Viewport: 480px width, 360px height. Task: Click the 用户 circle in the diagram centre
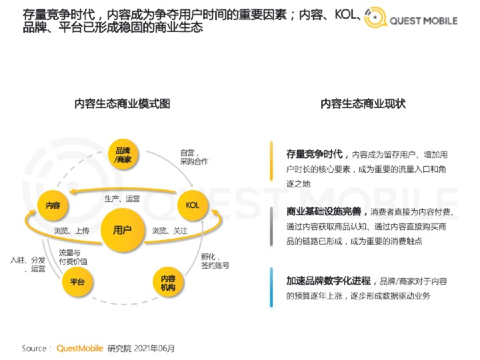122,230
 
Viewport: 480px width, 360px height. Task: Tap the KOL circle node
192,205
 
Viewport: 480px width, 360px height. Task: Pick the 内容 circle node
52,205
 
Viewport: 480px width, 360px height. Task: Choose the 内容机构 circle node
168,282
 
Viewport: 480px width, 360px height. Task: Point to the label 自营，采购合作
194,157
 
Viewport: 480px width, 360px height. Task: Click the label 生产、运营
122,199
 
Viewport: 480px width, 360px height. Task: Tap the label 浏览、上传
72,231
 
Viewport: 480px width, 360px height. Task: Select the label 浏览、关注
170,231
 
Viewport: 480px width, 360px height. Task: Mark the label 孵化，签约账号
215,261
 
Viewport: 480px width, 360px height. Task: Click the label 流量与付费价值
73,257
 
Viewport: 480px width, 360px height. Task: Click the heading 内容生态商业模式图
122,104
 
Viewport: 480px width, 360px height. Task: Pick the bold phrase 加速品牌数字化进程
328,281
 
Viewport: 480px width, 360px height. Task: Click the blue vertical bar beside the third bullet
271,287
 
